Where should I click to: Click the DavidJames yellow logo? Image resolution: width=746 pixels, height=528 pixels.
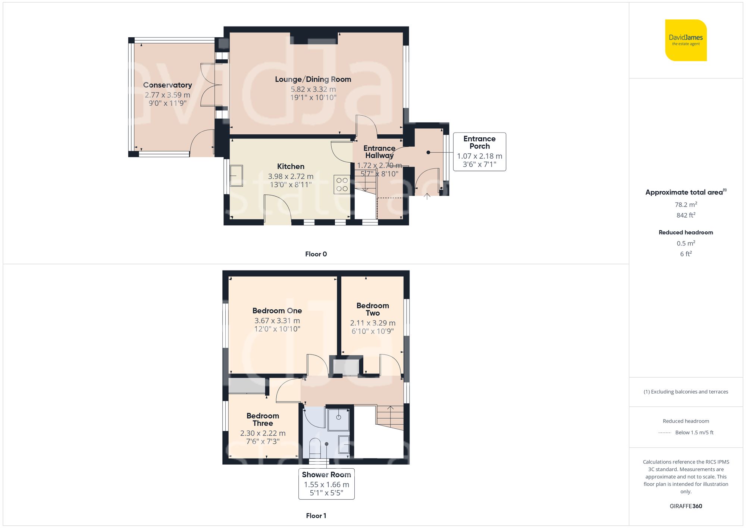(x=686, y=40)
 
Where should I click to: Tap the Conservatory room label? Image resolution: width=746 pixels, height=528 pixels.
(x=167, y=85)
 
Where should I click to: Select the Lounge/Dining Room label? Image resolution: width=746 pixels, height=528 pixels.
(x=313, y=79)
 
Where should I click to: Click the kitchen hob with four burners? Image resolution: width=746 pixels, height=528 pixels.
(x=342, y=184)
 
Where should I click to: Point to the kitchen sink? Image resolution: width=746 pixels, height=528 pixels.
(x=236, y=176)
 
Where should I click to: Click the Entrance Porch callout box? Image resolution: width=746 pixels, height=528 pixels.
(x=479, y=151)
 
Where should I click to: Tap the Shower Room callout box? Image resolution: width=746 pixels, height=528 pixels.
(x=326, y=484)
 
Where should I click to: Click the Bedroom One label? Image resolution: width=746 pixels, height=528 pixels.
(x=277, y=310)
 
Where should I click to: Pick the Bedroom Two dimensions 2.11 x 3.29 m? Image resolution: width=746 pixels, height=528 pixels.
(x=373, y=323)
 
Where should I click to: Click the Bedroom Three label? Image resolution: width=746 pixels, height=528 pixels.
(x=263, y=419)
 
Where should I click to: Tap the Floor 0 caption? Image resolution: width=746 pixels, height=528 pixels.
(x=316, y=254)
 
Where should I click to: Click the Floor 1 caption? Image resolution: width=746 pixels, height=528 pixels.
(x=316, y=516)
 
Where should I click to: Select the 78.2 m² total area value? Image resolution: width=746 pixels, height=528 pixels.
(x=686, y=204)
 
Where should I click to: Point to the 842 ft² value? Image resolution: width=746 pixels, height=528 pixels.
(x=686, y=215)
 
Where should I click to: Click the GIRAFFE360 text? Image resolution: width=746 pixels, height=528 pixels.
(x=686, y=506)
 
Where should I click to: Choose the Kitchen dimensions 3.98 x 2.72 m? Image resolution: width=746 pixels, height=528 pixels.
(x=291, y=176)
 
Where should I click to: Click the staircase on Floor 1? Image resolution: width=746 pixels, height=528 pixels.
(x=390, y=418)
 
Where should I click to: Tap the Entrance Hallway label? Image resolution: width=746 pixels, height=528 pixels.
(x=379, y=152)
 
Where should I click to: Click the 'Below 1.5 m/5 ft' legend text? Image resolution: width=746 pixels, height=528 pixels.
(x=694, y=432)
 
